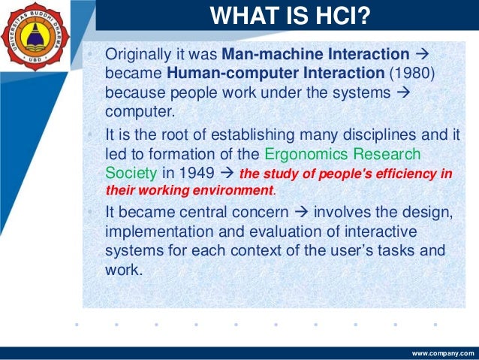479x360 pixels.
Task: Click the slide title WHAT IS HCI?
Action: point(290,16)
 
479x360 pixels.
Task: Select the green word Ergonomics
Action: point(308,154)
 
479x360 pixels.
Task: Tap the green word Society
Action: point(132,173)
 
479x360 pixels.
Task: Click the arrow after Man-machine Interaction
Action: point(420,56)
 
